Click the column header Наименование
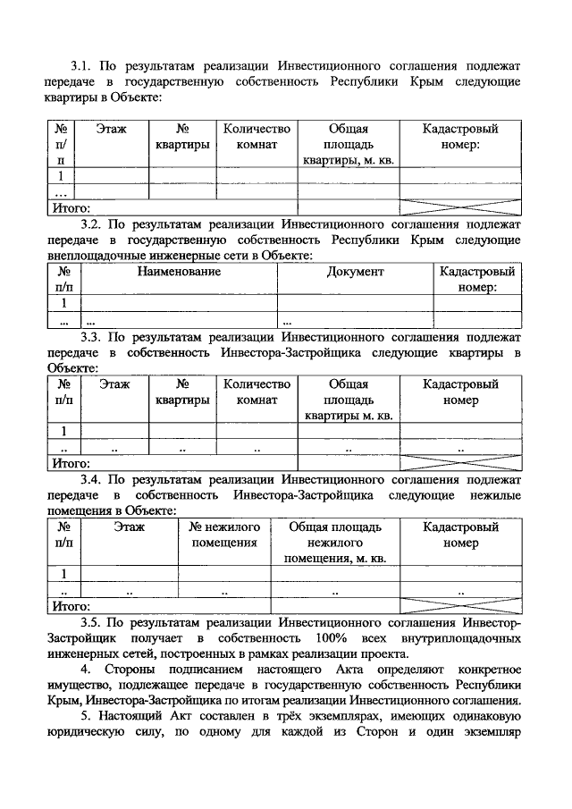(x=179, y=271)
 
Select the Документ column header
(x=355, y=271)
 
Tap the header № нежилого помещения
(x=224, y=535)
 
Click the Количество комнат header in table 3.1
(x=257, y=136)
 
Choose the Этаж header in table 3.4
(x=129, y=527)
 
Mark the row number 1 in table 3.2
(x=64, y=302)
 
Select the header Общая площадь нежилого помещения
(x=335, y=543)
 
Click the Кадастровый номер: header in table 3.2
(x=477, y=279)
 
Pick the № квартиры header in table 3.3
(x=182, y=392)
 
